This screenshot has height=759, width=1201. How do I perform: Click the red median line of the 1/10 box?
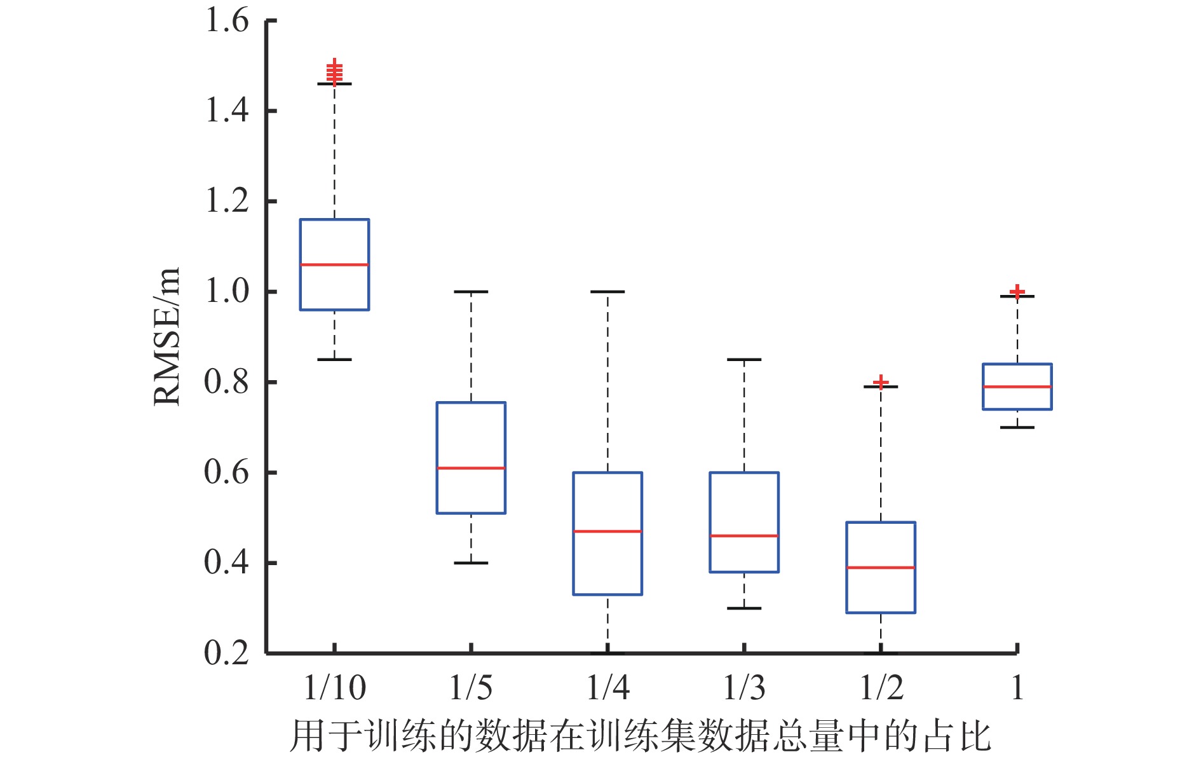pos(334,264)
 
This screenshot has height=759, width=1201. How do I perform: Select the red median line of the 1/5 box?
pos(471,468)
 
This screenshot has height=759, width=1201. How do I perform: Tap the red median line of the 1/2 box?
pos(880,568)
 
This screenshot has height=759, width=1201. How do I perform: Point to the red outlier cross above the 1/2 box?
pos(880,381)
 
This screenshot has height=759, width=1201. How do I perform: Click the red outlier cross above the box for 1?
pos(1017,291)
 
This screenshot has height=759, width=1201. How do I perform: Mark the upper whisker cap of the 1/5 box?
pos(471,292)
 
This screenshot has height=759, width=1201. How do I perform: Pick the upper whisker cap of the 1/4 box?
pos(607,292)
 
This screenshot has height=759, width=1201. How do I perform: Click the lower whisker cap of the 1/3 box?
pos(744,608)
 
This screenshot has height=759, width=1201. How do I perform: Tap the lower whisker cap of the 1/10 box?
pos(334,360)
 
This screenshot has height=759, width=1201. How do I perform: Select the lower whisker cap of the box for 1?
pos(1017,427)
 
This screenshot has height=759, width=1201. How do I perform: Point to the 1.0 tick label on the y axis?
pos(226,292)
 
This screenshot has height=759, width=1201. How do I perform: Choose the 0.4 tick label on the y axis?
pos(226,563)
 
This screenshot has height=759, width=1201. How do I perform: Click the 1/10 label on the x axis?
pos(334,688)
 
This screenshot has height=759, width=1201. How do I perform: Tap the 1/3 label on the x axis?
pos(744,688)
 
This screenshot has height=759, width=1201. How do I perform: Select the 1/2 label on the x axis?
pos(881,688)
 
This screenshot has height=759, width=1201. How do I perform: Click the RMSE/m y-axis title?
pos(167,337)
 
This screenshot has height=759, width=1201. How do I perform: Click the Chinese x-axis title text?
pos(640,736)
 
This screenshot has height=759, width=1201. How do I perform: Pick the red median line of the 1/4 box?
pos(607,531)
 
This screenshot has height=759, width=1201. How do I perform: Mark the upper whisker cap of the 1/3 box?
pos(744,360)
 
